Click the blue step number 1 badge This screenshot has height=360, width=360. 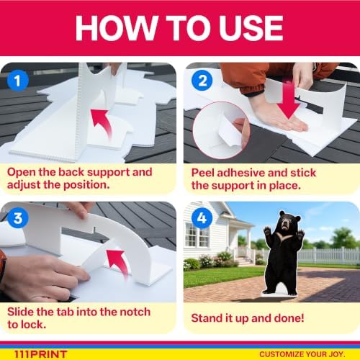[x=18, y=81]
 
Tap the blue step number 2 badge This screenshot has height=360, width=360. [x=202, y=80]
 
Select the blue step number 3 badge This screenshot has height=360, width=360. [x=18, y=218]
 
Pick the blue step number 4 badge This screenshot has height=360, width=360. [x=202, y=218]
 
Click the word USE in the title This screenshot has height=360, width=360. [x=251, y=28]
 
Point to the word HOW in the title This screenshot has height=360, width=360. [x=116, y=28]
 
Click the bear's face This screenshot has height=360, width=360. [x=286, y=222]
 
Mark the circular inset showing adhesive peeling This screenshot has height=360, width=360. [x=221, y=130]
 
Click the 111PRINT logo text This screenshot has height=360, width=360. [x=40, y=354]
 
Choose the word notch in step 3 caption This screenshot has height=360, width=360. [x=135, y=312]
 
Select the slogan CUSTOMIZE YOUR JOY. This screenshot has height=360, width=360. [x=302, y=354]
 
